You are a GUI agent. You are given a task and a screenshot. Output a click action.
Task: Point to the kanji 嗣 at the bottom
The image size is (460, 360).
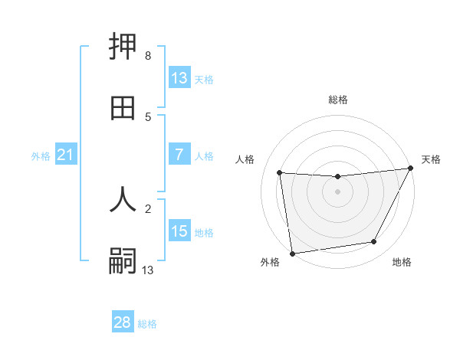pyautogui.click(x=123, y=260)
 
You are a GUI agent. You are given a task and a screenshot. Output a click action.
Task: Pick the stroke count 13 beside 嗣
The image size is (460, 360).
pyautogui.click(x=148, y=270)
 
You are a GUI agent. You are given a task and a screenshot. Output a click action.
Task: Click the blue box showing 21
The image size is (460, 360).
pyautogui.click(x=66, y=155)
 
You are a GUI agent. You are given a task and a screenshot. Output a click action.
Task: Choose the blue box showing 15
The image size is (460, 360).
pyautogui.click(x=179, y=232)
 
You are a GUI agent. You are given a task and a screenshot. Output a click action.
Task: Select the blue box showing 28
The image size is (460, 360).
pyautogui.click(x=123, y=322)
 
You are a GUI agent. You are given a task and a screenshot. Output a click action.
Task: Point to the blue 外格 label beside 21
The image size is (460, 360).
pyautogui.click(x=41, y=156)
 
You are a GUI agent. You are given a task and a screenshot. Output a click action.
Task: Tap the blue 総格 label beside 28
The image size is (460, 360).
pyautogui.click(x=147, y=324)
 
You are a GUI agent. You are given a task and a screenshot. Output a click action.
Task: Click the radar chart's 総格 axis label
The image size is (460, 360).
pyautogui.click(x=337, y=100)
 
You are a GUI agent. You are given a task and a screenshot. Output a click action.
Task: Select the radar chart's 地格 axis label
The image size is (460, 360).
pyautogui.click(x=402, y=262)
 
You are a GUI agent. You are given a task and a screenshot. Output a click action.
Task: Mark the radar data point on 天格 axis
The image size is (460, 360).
pyautogui.click(x=411, y=169)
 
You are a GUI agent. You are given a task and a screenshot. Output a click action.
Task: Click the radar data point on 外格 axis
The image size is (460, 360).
pyautogui.click(x=292, y=253)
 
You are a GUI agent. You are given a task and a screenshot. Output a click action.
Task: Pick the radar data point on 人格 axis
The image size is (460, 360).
pyautogui.click(x=280, y=173)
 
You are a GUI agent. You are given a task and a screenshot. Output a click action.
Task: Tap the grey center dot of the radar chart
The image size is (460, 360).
pyautogui.click(x=337, y=191)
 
